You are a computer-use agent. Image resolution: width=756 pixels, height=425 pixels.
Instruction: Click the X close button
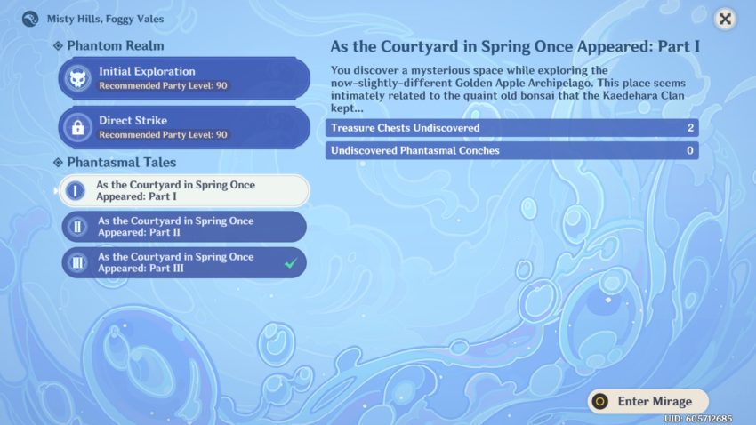[x=725, y=19]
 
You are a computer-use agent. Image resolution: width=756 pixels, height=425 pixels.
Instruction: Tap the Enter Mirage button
[x=648, y=401]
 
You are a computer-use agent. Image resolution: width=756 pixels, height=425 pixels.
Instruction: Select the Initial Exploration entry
[x=184, y=78]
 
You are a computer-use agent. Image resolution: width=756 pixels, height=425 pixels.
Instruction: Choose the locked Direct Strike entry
[x=184, y=127]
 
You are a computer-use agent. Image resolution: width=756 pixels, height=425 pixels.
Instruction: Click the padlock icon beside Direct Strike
[x=77, y=127]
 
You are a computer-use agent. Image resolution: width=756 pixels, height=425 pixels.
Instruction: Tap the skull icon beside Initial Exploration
[x=77, y=78]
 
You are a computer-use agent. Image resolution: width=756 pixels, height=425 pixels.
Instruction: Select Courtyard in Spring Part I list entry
[x=184, y=191]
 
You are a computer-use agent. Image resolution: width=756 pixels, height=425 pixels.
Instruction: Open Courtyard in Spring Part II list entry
[x=184, y=227]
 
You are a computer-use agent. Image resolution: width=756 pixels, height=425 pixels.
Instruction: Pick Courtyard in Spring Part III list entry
[x=184, y=262]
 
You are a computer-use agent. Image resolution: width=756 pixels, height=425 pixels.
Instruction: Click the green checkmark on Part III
[x=290, y=263]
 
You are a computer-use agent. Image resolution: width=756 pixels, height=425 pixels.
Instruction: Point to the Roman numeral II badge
[x=77, y=227]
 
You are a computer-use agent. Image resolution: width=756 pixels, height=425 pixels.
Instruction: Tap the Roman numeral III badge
[x=77, y=262]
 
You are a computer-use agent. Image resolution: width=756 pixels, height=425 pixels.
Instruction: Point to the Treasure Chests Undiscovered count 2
[x=690, y=128]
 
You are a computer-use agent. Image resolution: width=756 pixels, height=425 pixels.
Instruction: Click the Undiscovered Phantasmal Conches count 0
[x=690, y=150]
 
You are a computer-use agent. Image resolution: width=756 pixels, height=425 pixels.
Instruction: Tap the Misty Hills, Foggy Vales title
[x=105, y=19]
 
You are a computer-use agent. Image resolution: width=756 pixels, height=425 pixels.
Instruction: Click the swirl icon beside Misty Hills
[x=30, y=19]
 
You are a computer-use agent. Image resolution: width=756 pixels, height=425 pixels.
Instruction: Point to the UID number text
[x=698, y=419]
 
